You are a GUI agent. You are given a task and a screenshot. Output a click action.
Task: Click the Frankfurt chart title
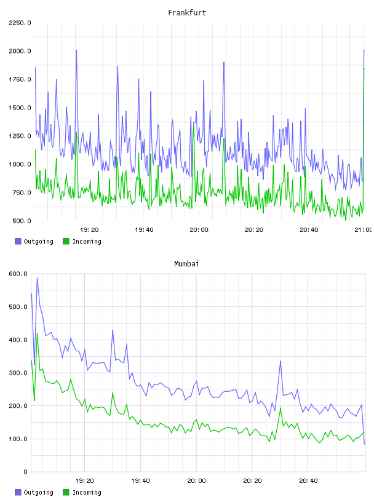[x=187, y=13]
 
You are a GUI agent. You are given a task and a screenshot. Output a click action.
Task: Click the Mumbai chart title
[x=186, y=264]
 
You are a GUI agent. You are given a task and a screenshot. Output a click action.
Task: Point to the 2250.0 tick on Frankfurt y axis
[x=20, y=23]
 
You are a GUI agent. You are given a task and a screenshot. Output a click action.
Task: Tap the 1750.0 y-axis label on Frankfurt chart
[x=20, y=79]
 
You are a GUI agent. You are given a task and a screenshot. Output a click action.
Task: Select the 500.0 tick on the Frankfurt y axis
[x=22, y=221]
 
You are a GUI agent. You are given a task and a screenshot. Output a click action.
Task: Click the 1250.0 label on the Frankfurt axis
[x=20, y=136]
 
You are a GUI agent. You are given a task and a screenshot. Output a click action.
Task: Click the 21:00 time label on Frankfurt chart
[x=363, y=230]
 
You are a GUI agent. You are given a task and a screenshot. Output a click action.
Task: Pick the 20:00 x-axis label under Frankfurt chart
[x=199, y=230]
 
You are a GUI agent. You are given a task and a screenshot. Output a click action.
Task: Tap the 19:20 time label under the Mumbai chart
[x=84, y=481]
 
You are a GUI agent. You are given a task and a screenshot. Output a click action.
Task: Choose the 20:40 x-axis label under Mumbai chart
[x=308, y=481]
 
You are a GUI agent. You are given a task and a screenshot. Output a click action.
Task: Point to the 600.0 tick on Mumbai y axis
[x=18, y=274]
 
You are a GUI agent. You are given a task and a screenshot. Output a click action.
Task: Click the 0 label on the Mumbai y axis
[x=25, y=472]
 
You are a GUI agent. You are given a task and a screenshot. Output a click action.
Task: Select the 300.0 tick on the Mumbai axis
[x=18, y=373]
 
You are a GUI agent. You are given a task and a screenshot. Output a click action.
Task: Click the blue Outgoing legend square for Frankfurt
[x=18, y=241]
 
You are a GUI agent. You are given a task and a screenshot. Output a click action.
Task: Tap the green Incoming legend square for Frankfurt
[x=66, y=241]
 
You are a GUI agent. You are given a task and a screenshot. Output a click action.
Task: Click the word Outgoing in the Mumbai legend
[x=38, y=493]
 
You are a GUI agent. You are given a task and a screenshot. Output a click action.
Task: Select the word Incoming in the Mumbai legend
[x=87, y=493]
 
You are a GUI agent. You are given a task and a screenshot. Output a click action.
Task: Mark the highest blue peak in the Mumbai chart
[x=37, y=278]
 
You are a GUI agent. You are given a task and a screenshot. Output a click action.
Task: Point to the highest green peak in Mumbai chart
[x=37, y=333]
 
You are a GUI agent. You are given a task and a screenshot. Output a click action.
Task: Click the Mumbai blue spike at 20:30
[x=280, y=361]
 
